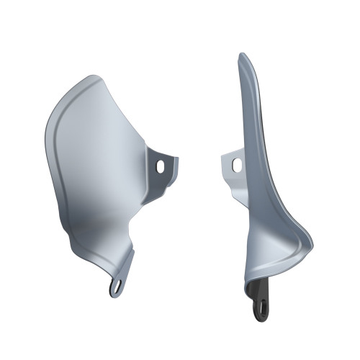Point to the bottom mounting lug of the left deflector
coord(117,284)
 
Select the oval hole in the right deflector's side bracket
coord(236,165)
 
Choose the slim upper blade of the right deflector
coord(249,108)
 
